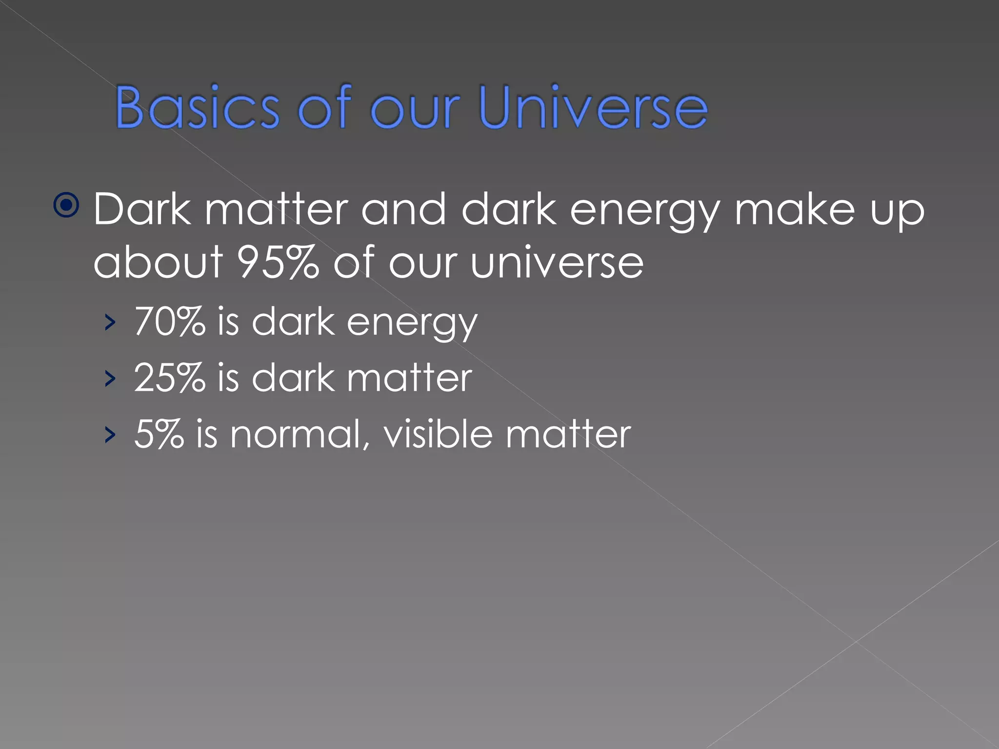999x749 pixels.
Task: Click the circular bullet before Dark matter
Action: tap(66, 205)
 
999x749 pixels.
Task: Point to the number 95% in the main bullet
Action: tap(277, 262)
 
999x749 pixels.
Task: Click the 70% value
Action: tap(169, 322)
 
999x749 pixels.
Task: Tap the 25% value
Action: tap(169, 378)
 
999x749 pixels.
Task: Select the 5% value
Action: tap(159, 434)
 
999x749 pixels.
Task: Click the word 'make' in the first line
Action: tap(795, 210)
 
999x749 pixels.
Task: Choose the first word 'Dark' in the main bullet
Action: tap(142, 210)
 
